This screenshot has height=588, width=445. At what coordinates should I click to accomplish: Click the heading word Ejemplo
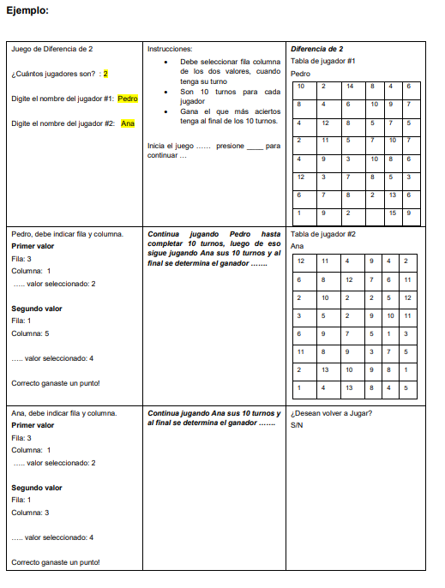tap(27, 10)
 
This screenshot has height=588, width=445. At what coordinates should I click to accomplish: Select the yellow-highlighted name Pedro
tap(128, 99)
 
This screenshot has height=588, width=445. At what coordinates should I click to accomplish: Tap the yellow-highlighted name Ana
tap(128, 123)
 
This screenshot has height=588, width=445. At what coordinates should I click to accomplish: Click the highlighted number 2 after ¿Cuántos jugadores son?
tap(105, 74)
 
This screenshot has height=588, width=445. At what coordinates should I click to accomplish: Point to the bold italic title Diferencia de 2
tap(317, 49)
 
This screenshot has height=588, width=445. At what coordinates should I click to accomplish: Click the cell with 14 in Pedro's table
tap(350, 87)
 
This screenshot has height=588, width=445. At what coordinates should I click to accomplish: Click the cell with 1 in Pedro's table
tap(300, 213)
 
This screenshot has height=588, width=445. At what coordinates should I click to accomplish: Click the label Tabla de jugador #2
tap(324, 234)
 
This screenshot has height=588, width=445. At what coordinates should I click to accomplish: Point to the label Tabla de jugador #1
tap(324, 61)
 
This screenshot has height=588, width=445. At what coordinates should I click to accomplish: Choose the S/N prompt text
tap(298, 425)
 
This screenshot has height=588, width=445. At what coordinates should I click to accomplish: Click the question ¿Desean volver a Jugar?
tap(331, 413)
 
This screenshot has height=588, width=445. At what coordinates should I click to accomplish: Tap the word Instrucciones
tap(171, 49)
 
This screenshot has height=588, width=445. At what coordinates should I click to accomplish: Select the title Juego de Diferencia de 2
tap(52, 49)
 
